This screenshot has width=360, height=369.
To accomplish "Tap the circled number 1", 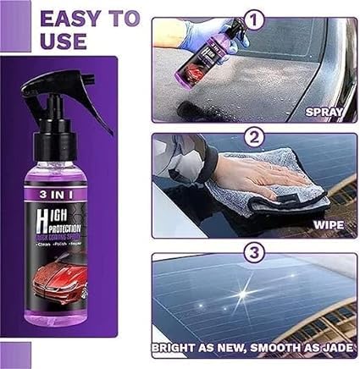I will tap(252, 19).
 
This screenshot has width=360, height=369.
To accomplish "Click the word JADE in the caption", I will tap(333, 347).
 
